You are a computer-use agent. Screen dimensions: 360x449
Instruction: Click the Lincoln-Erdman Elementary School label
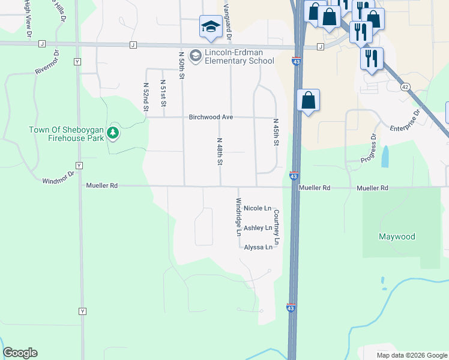coord(240,57)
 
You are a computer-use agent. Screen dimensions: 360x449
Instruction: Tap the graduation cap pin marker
coord(210,26)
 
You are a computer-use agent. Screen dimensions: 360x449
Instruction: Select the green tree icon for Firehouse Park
coord(112,132)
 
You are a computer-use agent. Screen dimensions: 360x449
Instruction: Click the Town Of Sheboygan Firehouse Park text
coord(66,134)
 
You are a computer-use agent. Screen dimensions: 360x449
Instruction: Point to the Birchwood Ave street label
coord(211,118)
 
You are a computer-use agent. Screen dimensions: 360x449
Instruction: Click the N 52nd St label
coord(146,97)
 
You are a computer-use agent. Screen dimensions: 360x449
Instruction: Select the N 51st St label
coord(163,94)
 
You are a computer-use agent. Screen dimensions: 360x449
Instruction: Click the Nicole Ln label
coord(258,208)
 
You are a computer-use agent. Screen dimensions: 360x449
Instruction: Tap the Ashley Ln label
coord(258,228)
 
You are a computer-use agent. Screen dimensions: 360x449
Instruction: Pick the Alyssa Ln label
coord(258,247)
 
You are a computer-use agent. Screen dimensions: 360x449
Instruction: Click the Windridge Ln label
coord(238,216)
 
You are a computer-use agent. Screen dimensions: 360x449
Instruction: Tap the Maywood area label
coord(397,236)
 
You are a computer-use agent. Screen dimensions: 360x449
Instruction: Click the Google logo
coord(20,353)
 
